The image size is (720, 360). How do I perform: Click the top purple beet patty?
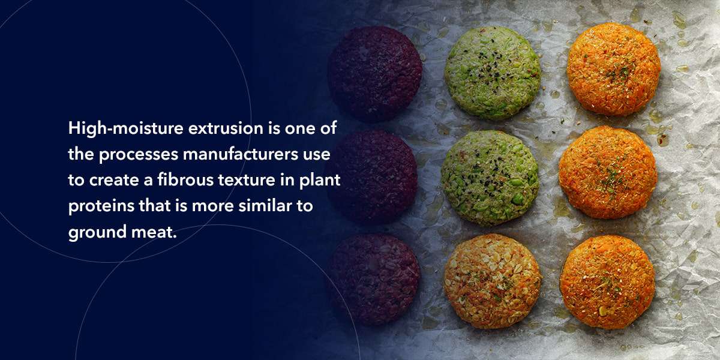pyautogui.click(x=374, y=73)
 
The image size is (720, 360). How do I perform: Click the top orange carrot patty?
pyautogui.click(x=613, y=70)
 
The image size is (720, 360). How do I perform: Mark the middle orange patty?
pyautogui.click(x=607, y=172)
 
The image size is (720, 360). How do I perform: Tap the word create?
pyautogui.click(x=113, y=180)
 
